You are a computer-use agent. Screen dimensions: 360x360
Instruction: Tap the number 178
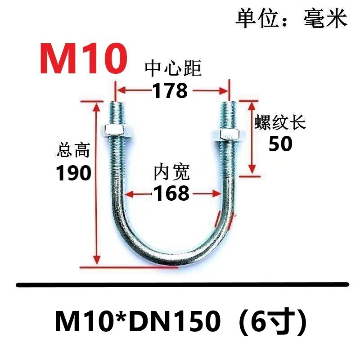tap(170, 91)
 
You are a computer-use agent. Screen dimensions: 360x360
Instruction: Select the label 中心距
tap(173, 69)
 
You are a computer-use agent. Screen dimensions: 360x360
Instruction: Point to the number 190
tap(74, 173)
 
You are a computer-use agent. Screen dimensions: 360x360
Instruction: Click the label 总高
tap(74, 150)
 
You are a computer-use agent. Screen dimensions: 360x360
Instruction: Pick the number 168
tap(171, 193)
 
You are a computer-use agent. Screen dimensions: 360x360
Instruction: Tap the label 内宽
tap(171, 172)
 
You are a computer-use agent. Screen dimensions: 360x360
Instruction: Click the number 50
tap(280, 144)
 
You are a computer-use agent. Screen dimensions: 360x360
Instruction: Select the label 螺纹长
tap(280, 122)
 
